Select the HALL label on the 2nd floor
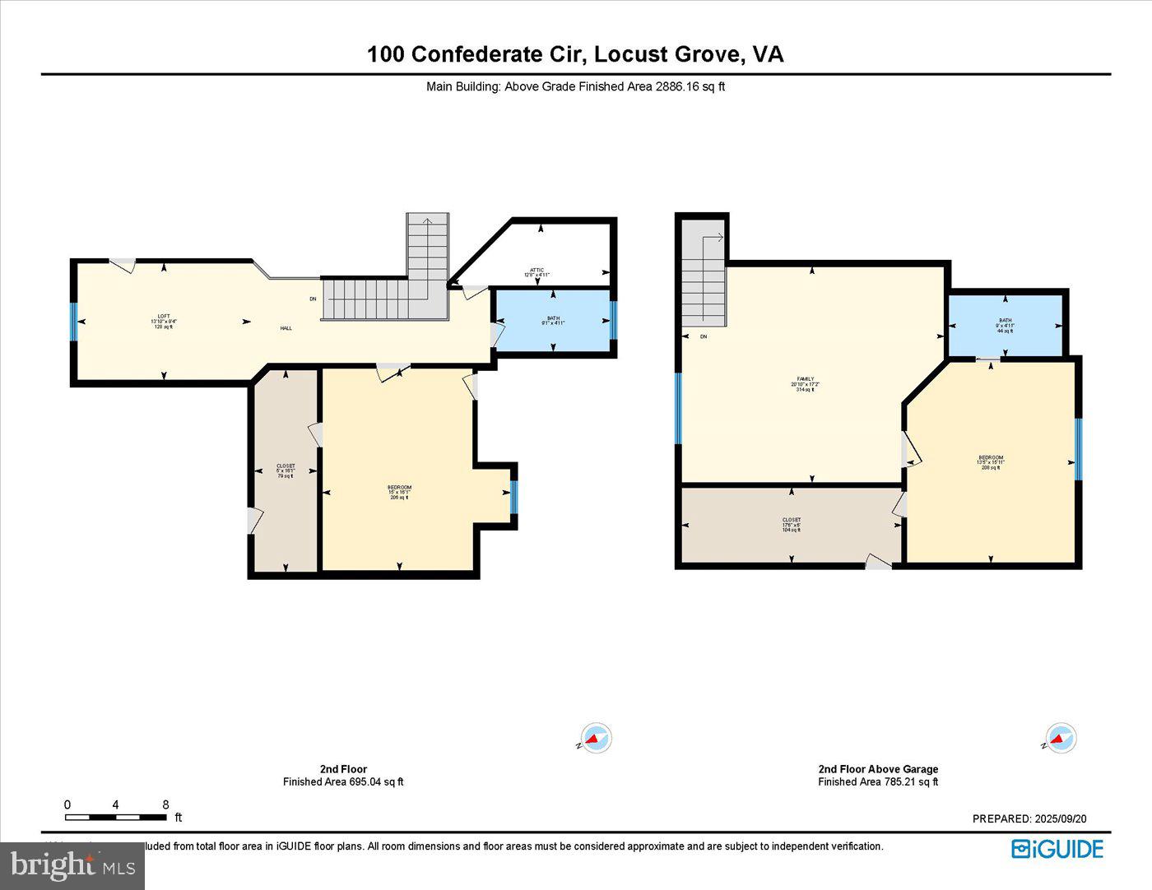pyautogui.click(x=286, y=328)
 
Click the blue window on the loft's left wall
pyautogui.click(x=73, y=321)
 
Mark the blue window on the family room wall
pyautogui.click(x=678, y=408)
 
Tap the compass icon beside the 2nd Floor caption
pyautogui.click(x=595, y=738)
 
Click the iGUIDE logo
pyautogui.click(x=1057, y=849)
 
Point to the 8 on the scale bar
pyautogui.click(x=165, y=804)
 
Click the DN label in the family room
pyautogui.click(x=704, y=336)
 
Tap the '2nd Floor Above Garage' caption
pyautogui.click(x=878, y=769)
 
